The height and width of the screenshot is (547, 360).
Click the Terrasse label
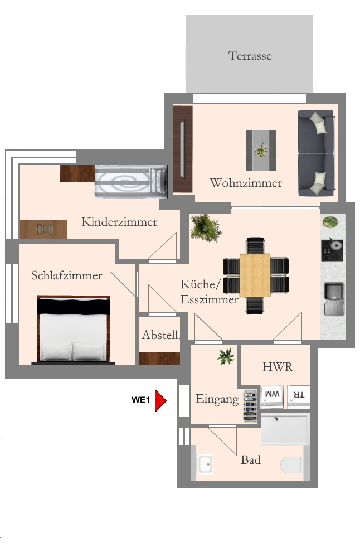coord(250,56)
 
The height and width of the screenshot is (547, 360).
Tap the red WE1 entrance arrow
coord(160,400)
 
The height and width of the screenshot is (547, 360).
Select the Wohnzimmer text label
coord(246,183)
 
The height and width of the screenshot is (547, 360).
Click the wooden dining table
coord(255,275)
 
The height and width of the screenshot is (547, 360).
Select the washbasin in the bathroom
coord(205,464)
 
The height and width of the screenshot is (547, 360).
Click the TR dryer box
coord(299,395)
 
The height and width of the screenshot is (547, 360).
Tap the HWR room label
coord(278,367)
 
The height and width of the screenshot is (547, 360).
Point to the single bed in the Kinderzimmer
coord(131,182)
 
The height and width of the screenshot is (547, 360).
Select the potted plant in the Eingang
coord(226,356)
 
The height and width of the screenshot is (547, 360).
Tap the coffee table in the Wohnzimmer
coord(261,151)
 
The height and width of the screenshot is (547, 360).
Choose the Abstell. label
coord(160,335)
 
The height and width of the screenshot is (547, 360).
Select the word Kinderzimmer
coord(119,222)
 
